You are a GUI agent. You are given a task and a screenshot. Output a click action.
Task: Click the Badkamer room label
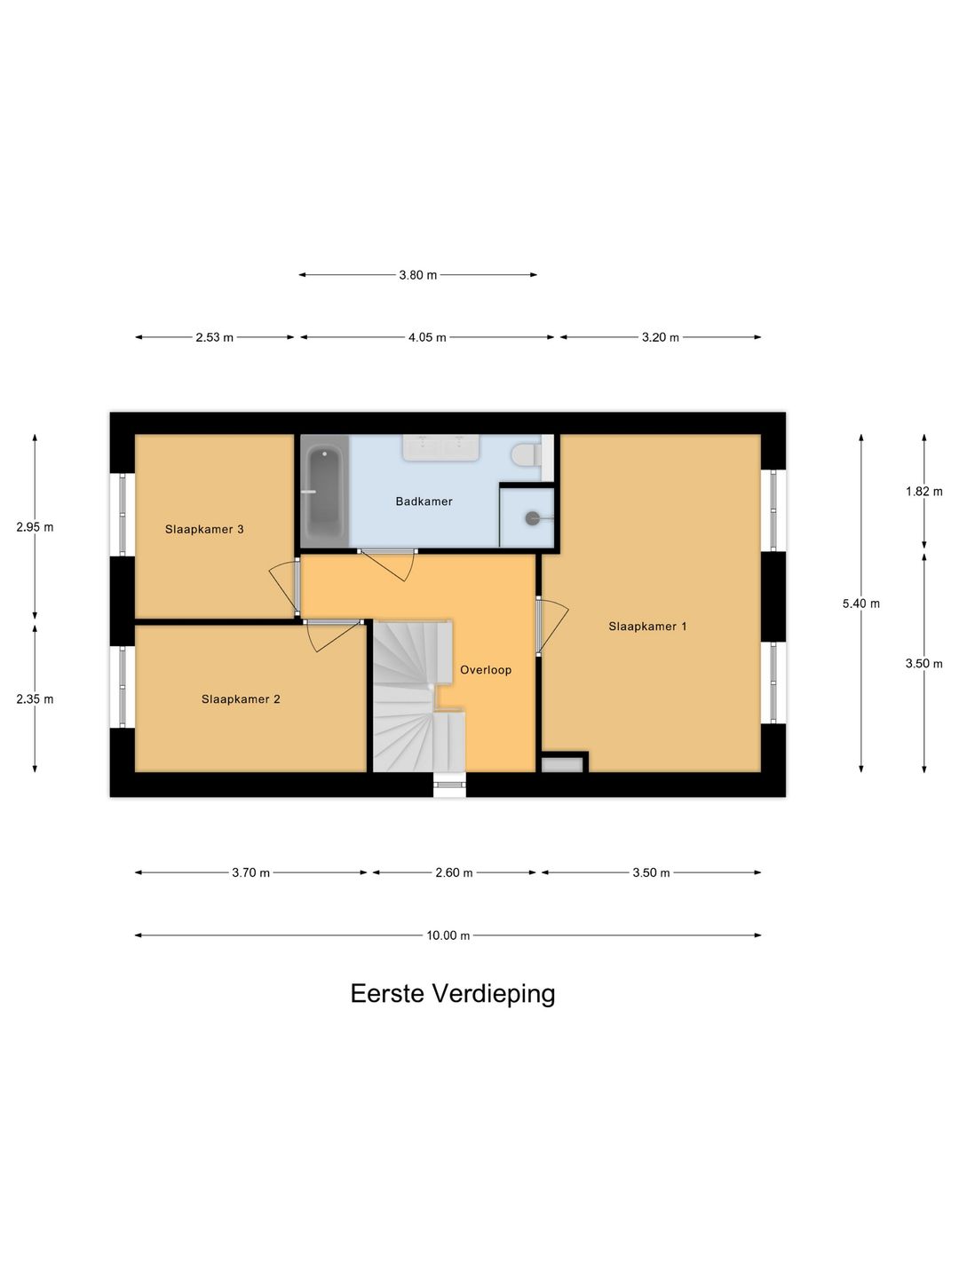(424, 501)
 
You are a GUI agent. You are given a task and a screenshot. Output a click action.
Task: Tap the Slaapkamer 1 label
(647, 627)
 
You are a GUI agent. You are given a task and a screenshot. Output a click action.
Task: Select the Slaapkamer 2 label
(241, 699)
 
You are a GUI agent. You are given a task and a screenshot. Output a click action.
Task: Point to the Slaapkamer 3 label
(204, 529)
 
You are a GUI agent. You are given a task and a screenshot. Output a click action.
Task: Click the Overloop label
(486, 670)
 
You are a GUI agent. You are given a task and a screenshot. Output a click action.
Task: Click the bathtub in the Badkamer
(324, 492)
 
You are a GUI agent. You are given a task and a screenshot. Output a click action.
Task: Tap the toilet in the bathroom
(526, 454)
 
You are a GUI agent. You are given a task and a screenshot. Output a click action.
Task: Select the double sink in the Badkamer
(441, 446)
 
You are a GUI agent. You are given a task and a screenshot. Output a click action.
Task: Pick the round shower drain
(532, 517)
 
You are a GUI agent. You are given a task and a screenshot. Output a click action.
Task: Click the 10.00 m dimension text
(448, 935)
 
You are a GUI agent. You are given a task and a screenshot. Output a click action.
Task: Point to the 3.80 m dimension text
(417, 275)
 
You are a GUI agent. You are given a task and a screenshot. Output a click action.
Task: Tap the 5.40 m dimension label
(860, 603)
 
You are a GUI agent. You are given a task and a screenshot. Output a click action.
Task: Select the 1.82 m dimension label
(923, 492)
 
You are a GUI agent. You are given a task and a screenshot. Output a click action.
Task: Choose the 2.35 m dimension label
(35, 699)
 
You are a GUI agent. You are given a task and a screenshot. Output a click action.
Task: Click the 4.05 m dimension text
(427, 338)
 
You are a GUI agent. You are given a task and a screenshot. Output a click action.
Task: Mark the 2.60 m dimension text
(454, 872)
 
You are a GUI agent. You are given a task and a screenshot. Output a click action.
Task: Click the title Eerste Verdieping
(453, 993)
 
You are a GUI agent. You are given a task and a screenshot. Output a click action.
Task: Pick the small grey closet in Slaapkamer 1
(562, 764)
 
